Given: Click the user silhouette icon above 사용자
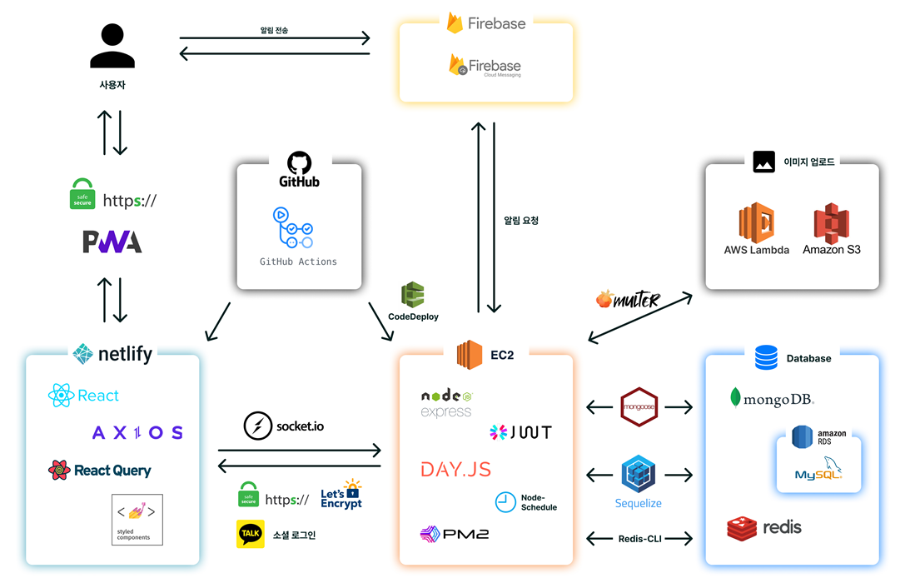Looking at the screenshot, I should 112,46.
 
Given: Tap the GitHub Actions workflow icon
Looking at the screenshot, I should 293,228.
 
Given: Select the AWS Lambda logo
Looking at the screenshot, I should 756,223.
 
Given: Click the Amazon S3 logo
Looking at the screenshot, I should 831,223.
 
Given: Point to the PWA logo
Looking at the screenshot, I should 112,242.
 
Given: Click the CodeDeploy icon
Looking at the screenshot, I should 413,296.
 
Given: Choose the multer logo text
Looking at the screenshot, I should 629,300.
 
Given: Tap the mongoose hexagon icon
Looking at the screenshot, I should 639,407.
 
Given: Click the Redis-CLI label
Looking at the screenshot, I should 639,539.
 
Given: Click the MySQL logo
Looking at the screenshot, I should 818,474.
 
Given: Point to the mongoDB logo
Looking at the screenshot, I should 772,398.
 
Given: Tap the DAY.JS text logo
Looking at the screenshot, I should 455,469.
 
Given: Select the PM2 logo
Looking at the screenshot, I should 455,534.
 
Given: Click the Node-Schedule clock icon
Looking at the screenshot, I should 505,502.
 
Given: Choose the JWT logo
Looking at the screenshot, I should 520,432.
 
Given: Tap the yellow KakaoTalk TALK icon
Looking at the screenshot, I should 251,535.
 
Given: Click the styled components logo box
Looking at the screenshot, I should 137,520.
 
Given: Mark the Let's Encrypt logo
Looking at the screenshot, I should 341,495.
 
